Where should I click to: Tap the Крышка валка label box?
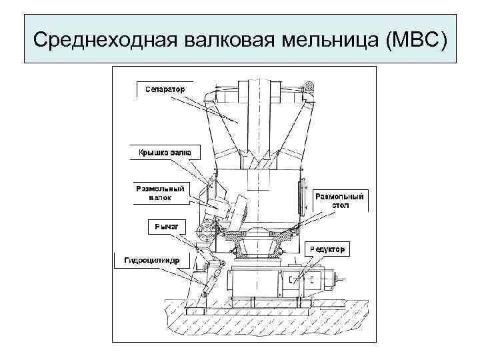(164, 153)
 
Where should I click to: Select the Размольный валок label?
(160, 193)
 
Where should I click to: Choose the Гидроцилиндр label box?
(151, 260)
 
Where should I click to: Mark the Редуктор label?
(327, 249)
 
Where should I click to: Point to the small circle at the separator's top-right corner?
(308, 85)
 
